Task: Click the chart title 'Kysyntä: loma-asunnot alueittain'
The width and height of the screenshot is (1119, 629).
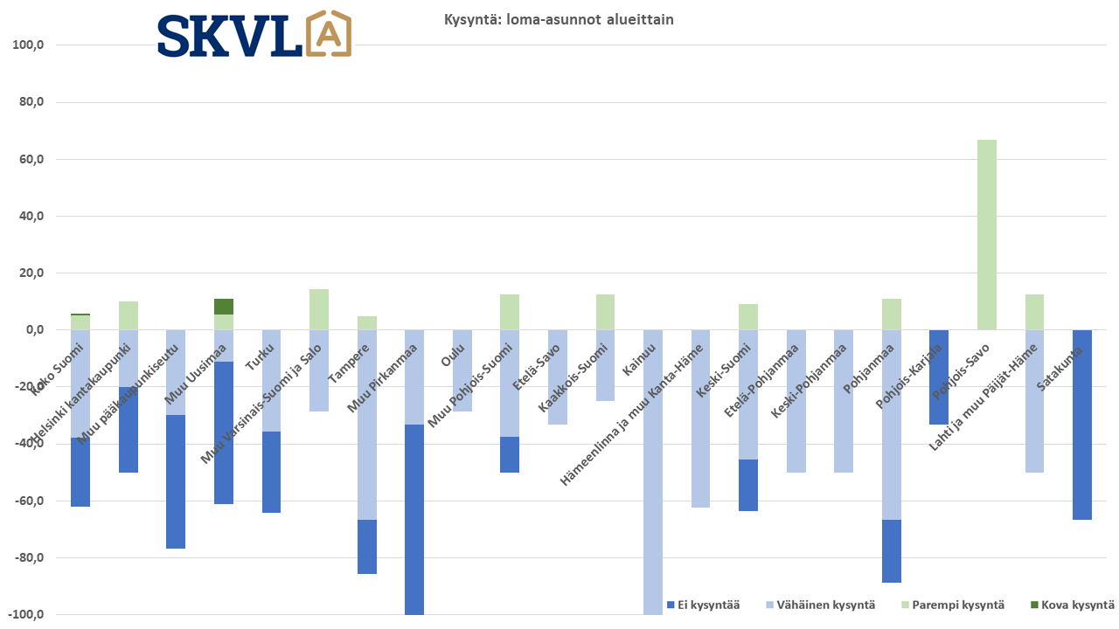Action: click(559, 20)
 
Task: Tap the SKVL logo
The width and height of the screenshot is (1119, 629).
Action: click(254, 35)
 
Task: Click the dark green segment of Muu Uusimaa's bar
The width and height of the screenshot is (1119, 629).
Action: click(224, 307)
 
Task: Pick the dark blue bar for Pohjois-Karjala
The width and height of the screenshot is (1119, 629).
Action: click(939, 377)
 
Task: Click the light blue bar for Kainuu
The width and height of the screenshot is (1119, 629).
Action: click(653, 472)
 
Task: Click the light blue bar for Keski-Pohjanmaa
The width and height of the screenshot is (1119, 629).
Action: click(796, 401)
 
